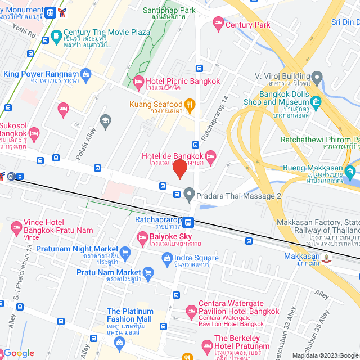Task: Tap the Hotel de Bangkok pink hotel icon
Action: pyautogui.click(x=211, y=156)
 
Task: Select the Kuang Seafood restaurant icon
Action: pyautogui.click(x=190, y=104)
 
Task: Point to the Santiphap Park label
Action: pyautogui.click(x=169, y=10)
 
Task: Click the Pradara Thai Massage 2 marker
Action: pyautogui.click(x=190, y=195)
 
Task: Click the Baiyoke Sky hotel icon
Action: pyautogui.click(x=141, y=237)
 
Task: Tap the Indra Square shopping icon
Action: pyautogui.click(x=166, y=258)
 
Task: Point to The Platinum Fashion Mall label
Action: pyautogui.click(x=129, y=315)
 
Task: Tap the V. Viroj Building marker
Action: pyautogui.click(x=317, y=75)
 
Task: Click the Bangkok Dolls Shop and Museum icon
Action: pyautogui.click(x=316, y=102)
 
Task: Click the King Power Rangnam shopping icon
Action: pyautogui.click(x=85, y=74)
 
